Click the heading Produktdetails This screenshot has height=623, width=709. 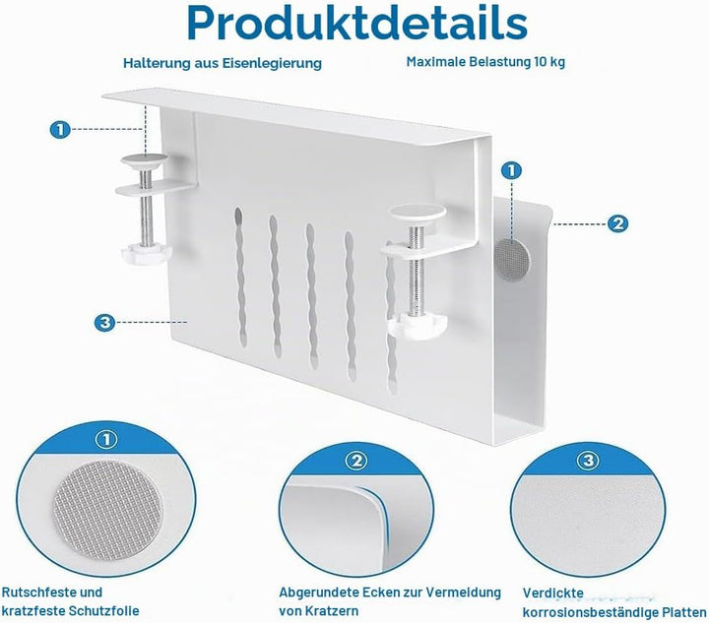[x=357, y=23]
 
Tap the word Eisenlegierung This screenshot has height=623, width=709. [x=272, y=63]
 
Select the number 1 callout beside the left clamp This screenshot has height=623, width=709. [x=61, y=130]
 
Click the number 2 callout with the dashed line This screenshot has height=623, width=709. [x=617, y=223]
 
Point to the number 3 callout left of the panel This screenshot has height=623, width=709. [x=105, y=323]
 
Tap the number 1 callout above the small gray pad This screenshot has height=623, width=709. [x=511, y=171]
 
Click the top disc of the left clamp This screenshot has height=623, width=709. [x=144, y=159]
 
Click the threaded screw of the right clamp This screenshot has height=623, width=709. [x=417, y=271]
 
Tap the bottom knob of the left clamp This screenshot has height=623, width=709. [x=145, y=253]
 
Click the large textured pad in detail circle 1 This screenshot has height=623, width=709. [x=107, y=511]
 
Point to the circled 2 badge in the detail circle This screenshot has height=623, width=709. [x=356, y=461]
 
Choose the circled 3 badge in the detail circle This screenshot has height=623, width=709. [x=588, y=461]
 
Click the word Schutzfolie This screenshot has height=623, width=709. [x=104, y=611]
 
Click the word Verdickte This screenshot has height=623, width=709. [x=553, y=592]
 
